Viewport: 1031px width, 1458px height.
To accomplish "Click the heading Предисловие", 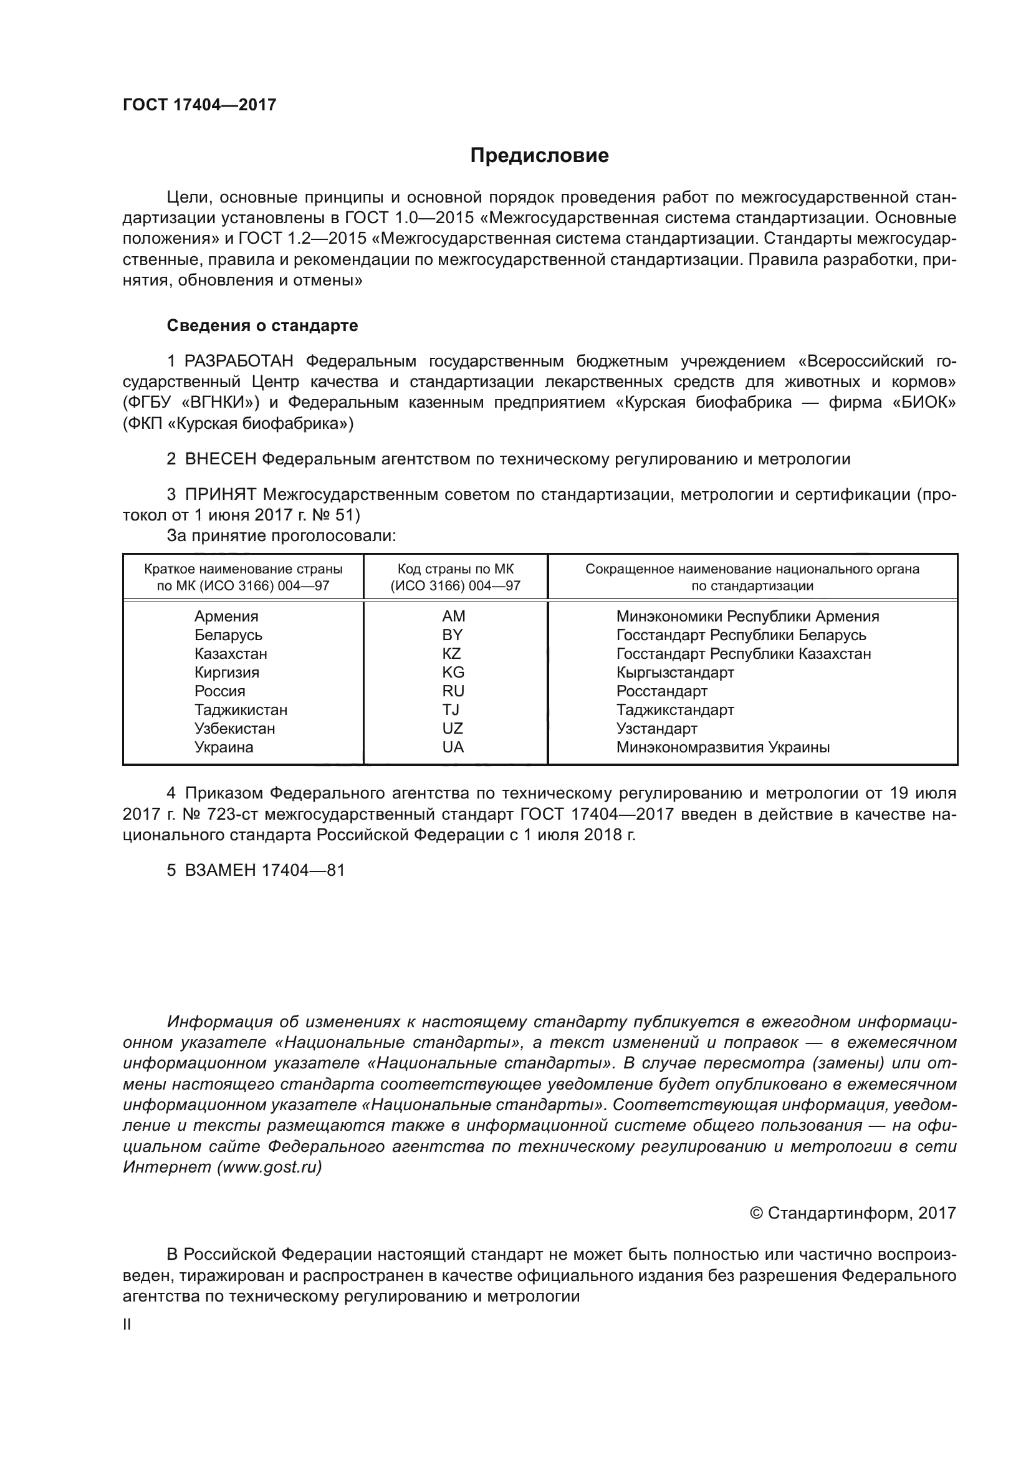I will coord(539,156).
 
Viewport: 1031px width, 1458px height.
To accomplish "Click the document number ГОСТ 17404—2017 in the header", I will coord(199,105).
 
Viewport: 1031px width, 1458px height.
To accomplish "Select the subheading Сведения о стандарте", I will coord(262,326).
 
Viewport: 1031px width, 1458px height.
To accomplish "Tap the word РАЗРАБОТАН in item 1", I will coord(239,362).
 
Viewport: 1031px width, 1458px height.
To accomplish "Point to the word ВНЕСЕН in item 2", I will coord(220,459).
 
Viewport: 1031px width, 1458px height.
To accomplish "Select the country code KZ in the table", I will coord(451,653).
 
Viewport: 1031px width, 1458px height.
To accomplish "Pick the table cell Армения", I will coord(226,616).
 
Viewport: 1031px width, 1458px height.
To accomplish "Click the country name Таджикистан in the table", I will coord(241,709).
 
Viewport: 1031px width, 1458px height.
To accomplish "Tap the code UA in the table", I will coord(453,747).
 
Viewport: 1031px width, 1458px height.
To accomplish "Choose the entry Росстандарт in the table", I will coord(661,691).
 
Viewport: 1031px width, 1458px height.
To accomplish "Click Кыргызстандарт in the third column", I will coord(675,672).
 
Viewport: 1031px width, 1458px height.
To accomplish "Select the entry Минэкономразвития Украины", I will coord(722,747).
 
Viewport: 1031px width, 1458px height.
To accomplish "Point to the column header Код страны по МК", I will coord(455,569).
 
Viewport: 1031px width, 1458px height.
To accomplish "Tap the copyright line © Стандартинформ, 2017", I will coord(853,1213).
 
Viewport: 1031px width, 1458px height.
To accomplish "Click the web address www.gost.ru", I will coord(269,1166).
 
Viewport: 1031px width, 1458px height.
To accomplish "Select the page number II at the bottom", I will coord(127,1324).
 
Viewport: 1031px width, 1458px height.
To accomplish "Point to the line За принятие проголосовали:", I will coord(281,535).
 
